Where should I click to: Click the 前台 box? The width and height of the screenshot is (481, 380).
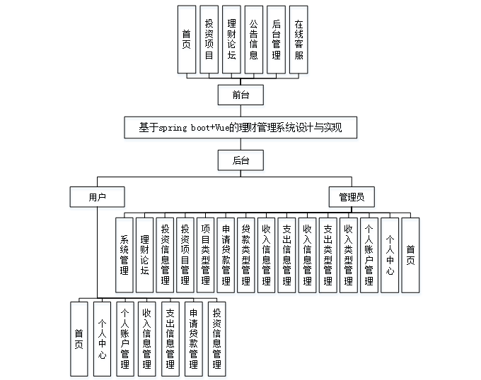click(x=240, y=94)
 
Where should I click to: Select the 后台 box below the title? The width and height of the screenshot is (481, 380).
click(x=240, y=160)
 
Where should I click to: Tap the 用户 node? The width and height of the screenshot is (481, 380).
click(x=97, y=196)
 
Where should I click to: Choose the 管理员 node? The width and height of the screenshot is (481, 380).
click(x=351, y=196)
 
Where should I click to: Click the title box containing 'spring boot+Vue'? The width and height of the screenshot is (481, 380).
click(x=240, y=127)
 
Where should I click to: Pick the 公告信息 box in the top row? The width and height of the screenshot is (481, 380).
click(x=254, y=39)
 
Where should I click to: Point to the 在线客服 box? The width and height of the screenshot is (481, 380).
click(x=299, y=39)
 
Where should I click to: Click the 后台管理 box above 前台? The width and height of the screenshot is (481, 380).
click(x=277, y=39)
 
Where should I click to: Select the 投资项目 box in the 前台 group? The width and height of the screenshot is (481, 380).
click(x=209, y=39)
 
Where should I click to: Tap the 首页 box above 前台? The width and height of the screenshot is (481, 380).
click(x=186, y=39)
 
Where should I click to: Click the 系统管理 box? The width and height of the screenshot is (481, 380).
click(x=124, y=254)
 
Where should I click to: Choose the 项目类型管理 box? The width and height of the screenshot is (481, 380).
click(x=206, y=254)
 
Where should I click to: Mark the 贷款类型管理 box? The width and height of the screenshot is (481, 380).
click(x=246, y=254)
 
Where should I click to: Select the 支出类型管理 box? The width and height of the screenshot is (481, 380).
click(x=328, y=254)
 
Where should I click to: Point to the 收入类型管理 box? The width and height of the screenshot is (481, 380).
click(x=348, y=254)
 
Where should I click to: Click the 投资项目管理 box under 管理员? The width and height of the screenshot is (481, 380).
click(x=185, y=254)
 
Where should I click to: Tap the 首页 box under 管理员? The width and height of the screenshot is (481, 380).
click(x=410, y=254)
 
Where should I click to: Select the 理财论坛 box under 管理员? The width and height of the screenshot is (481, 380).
click(x=145, y=254)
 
